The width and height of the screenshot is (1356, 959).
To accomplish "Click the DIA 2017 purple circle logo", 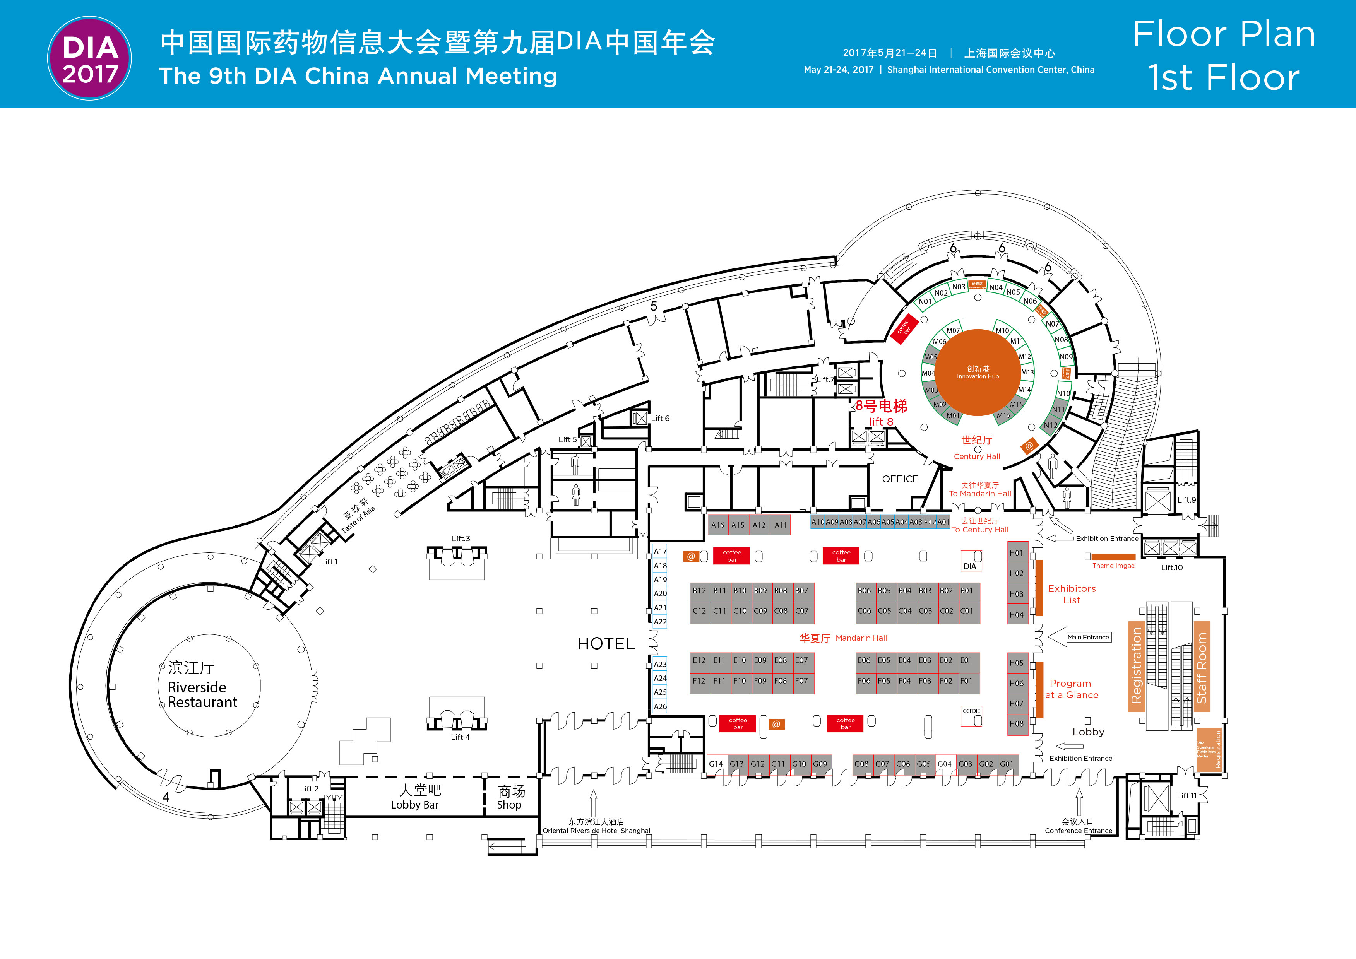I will click(90, 58).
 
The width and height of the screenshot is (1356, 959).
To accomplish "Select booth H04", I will click(1016, 615).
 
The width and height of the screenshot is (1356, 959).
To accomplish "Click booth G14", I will click(716, 764).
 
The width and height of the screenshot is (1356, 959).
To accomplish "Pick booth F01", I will click(966, 681).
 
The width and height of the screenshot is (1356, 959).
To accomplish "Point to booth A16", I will click(717, 525).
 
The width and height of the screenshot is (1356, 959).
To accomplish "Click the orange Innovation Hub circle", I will click(978, 373).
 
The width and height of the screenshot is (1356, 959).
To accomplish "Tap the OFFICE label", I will click(900, 479).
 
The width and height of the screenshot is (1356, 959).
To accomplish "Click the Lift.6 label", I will click(660, 419).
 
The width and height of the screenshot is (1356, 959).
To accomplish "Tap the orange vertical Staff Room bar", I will click(1201, 667).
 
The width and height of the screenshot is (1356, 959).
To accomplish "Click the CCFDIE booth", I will click(971, 716).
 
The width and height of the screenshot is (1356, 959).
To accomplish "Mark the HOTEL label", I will click(606, 644).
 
